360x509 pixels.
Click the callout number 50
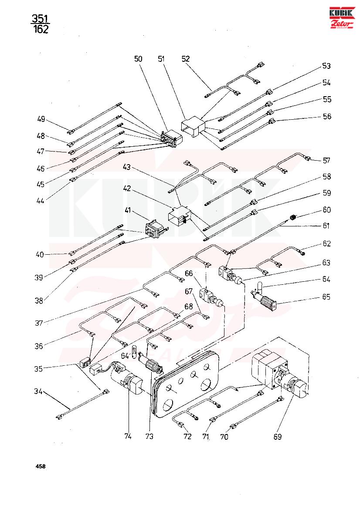click(x=138, y=59)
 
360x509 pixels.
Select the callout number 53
click(x=326, y=66)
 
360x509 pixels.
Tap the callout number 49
click(x=41, y=119)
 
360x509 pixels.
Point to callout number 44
click(x=40, y=201)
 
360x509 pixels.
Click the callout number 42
click(x=127, y=189)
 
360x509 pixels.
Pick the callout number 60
click(x=326, y=210)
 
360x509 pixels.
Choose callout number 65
click(x=326, y=297)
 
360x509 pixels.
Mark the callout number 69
click(x=277, y=437)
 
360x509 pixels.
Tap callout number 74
click(x=128, y=436)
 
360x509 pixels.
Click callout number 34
click(x=38, y=391)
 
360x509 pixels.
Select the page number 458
click(x=41, y=466)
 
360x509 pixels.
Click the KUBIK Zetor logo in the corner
click(x=342, y=17)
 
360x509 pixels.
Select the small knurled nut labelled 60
click(x=292, y=217)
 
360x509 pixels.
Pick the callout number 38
click(x=39, y=300)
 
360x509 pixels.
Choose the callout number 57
click(x=326, y=160)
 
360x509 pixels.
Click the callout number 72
click(x=187, y=437)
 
